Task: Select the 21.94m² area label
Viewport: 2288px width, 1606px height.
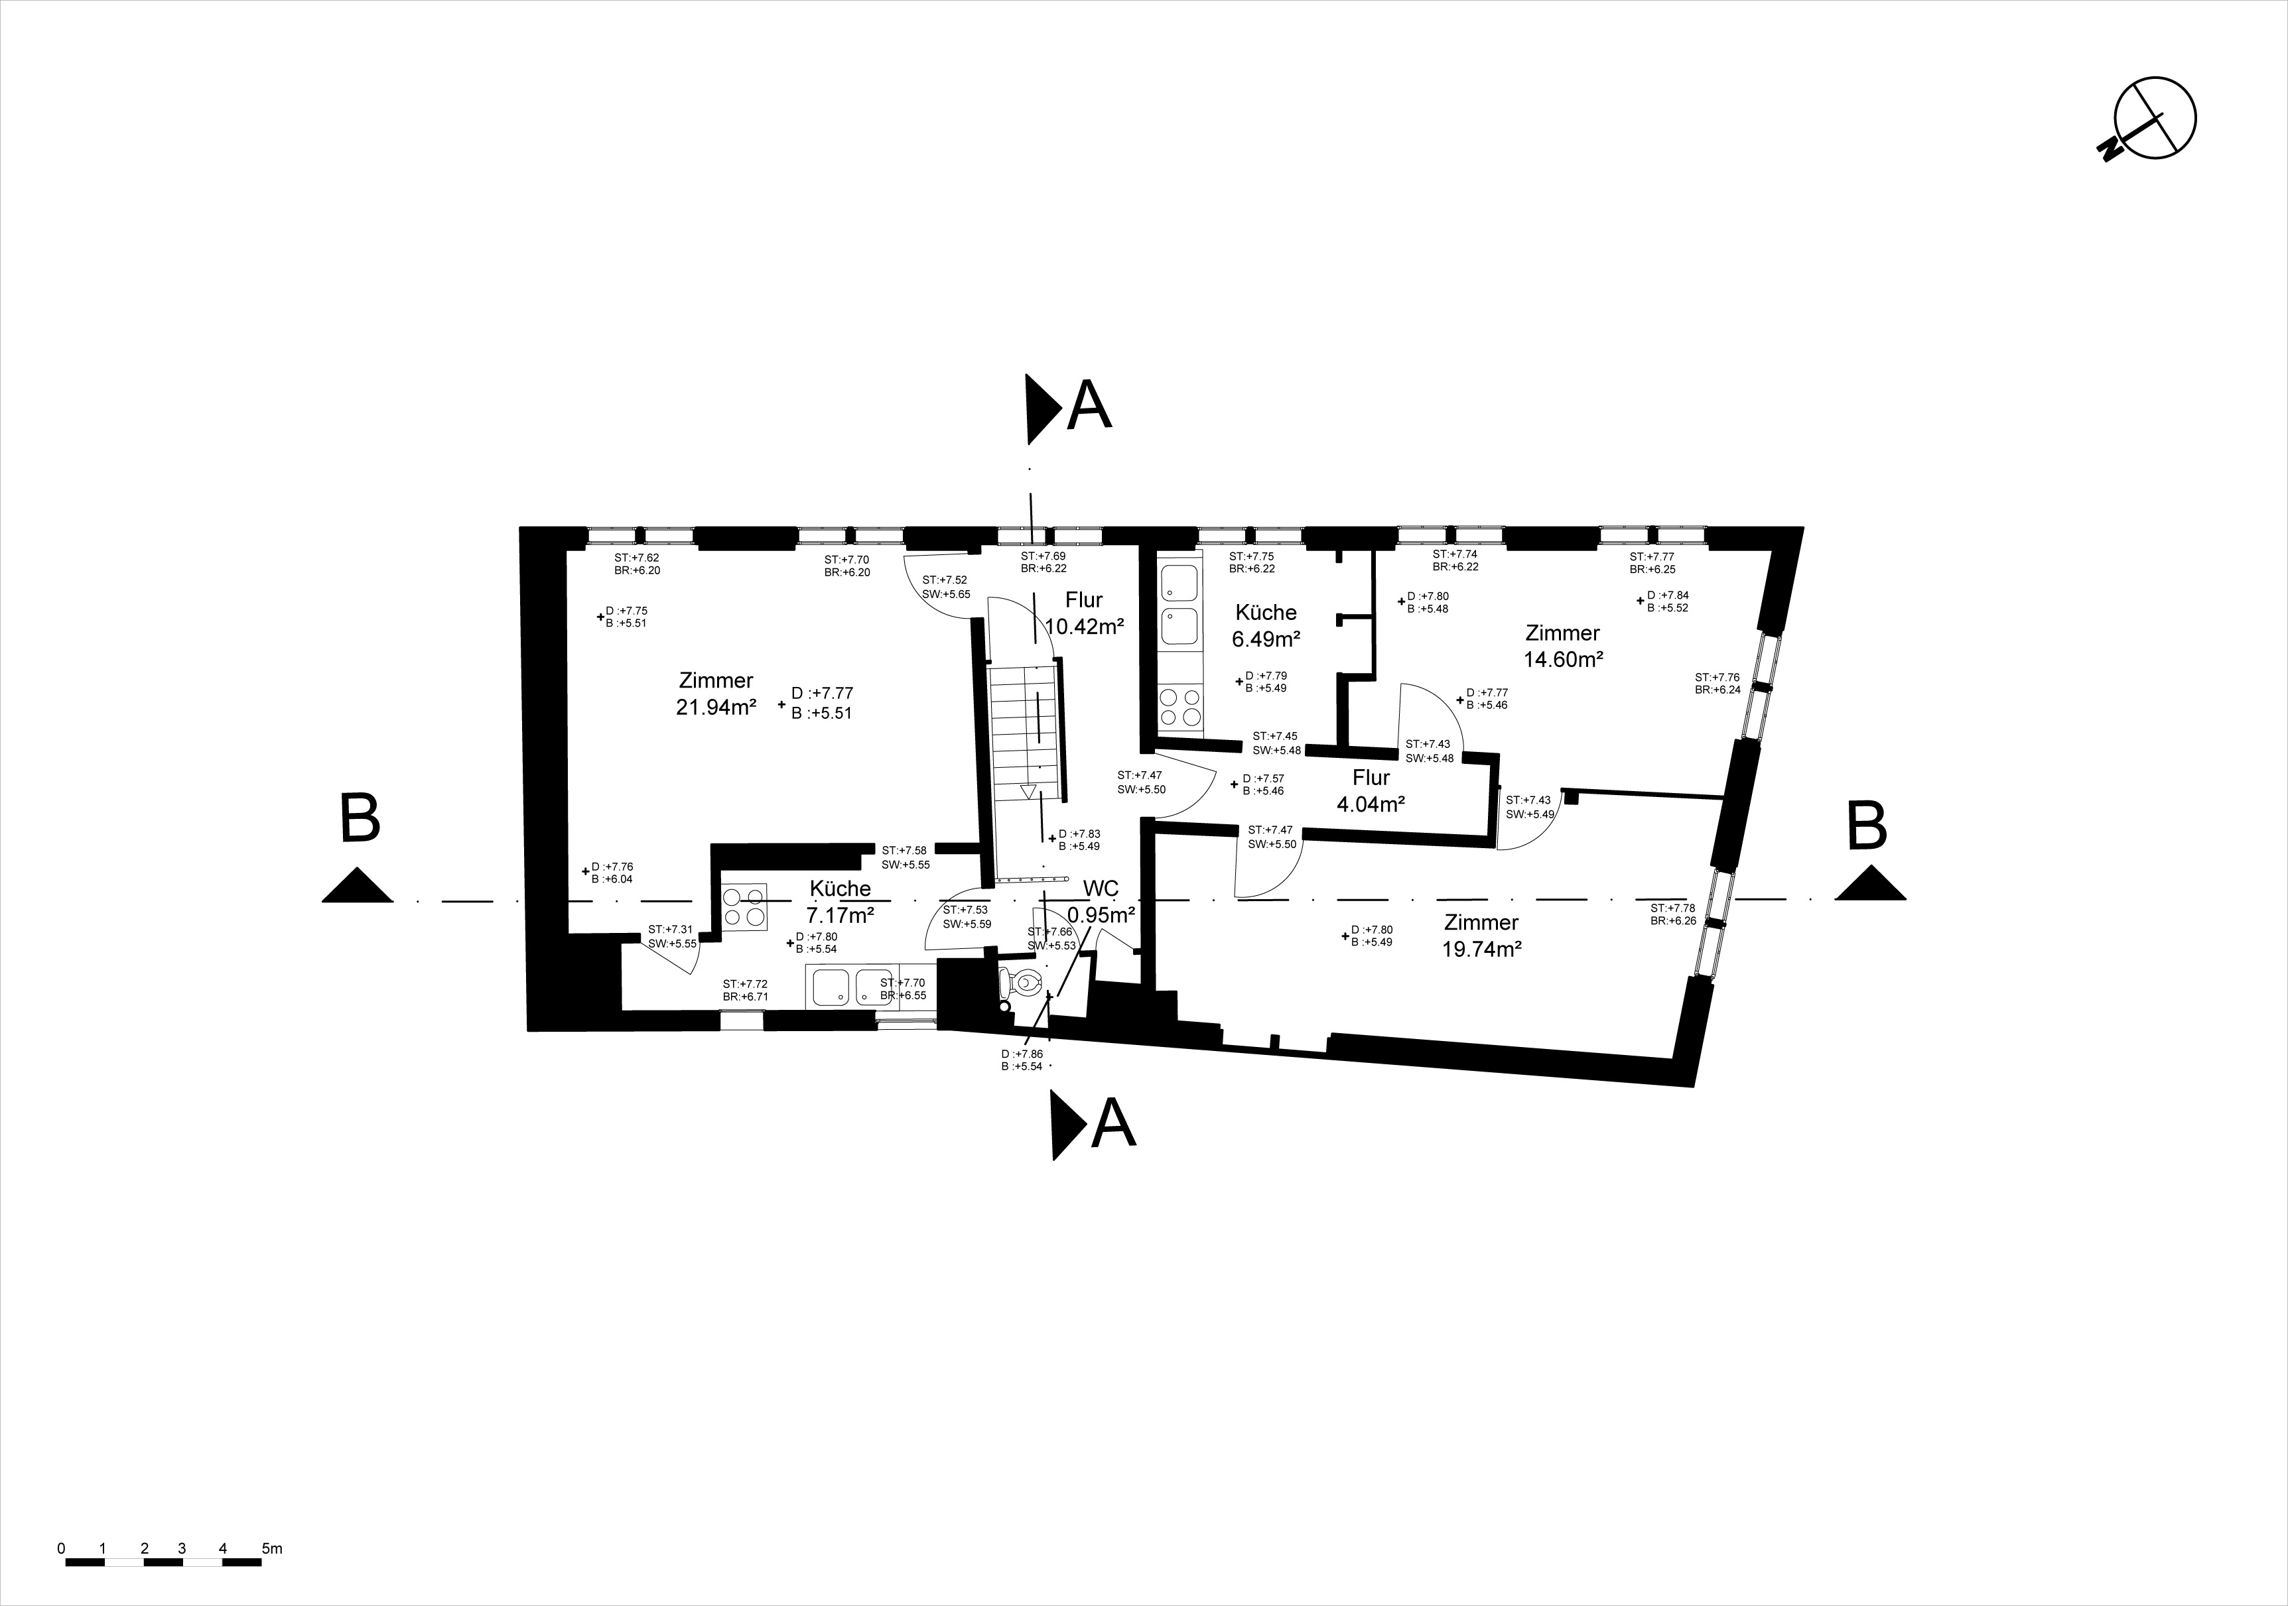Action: click(x=716, y=706)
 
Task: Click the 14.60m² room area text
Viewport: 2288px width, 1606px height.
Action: click(x=1562, y=658)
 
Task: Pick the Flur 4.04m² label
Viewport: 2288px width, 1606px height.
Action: click(x=1371, y=791)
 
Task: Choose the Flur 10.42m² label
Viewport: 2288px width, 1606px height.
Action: click(x=1084, y=613)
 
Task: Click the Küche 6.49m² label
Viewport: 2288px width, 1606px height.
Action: click(x=1266, y=625)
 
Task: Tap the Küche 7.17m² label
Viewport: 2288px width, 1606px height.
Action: click(x=840, y=900)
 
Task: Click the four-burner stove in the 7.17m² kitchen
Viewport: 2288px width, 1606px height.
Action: click(x=744, y=906)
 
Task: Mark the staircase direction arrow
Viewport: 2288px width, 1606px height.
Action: click(x=1028, y=791)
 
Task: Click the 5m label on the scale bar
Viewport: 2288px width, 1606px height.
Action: click(x=272, y=1548)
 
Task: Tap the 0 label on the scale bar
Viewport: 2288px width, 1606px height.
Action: click(x=62, y=1548)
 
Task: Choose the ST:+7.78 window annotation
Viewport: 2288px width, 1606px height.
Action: click(x=1673, y=908)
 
